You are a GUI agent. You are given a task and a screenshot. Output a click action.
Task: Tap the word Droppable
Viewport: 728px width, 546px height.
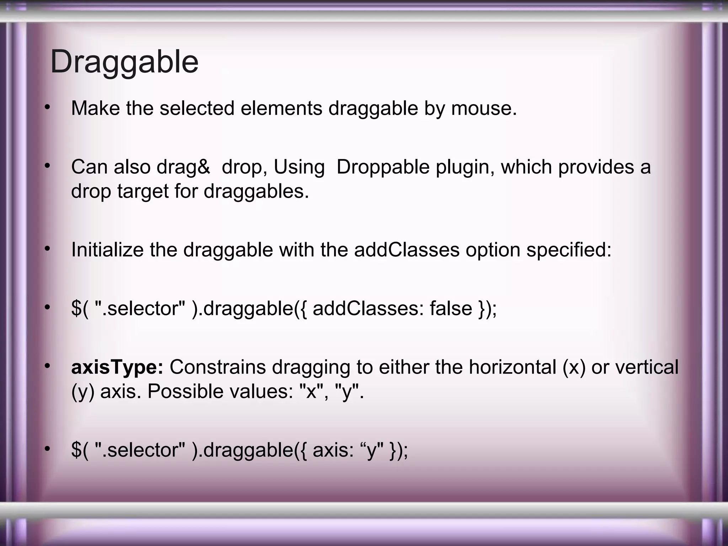pos(383,167)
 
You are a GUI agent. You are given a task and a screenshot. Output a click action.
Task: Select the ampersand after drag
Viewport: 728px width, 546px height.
pos(204,167)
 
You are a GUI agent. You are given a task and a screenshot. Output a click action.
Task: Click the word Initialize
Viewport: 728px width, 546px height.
pos(107,250)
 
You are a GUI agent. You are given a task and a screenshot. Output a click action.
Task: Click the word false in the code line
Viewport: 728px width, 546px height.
pos(451,308)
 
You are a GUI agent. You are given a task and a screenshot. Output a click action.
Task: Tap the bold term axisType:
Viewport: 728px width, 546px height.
pos(117,367)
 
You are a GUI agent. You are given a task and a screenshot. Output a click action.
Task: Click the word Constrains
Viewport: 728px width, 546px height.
pos(218,367)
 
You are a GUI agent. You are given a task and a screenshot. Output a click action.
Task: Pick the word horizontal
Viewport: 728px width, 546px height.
pos(512,367)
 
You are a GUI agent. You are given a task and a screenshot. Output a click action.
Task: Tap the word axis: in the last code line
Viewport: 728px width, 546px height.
pos(333,450)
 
